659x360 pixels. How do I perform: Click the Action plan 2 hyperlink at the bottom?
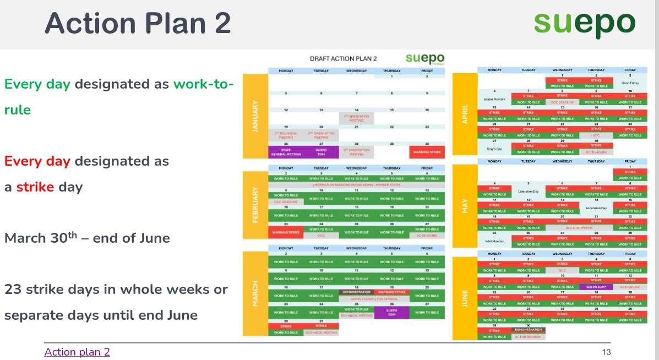pyautogui.click(x=77, y=352)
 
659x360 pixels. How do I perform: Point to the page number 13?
pyautogui.click(x=607, y=352)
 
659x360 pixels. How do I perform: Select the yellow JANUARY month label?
pyautogui.click(x=255, y=116)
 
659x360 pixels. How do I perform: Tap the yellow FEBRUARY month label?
pyautogui.click(x=255, y=204)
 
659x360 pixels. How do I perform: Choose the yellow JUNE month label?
pyautogui.click(x=465, y=298)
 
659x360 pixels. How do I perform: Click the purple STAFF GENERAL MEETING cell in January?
pyautogui.click(x=286, y=152)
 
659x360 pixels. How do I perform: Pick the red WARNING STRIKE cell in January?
pyautogui.click(x=427, y=152)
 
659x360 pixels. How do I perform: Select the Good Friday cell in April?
pyautogui.click(x=630, y=83)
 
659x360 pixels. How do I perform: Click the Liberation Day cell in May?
pyautogui.click(x=528, y=191)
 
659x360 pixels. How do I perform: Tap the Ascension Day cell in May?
pyautogui.click(x=596, y=208)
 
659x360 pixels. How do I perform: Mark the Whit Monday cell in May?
pyautogui.click(x=494, y=241)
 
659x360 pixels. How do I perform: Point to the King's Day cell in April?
pyautogui.click(x=494, y=149)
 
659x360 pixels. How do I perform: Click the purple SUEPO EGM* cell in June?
pyautogui.click(x=596, y=287)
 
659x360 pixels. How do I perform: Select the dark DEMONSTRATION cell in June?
pyautogui.click(x=528, y=330)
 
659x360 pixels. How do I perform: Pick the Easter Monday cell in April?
pyautogui.click(x=494, y=99)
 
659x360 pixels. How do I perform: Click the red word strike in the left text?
pyautogui.click(x=35, y=187)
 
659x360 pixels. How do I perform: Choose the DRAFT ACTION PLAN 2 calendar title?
pyautogui.click(x=343, y=58)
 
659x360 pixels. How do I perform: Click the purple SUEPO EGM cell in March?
pyautogui.click(x=392, y=313)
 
